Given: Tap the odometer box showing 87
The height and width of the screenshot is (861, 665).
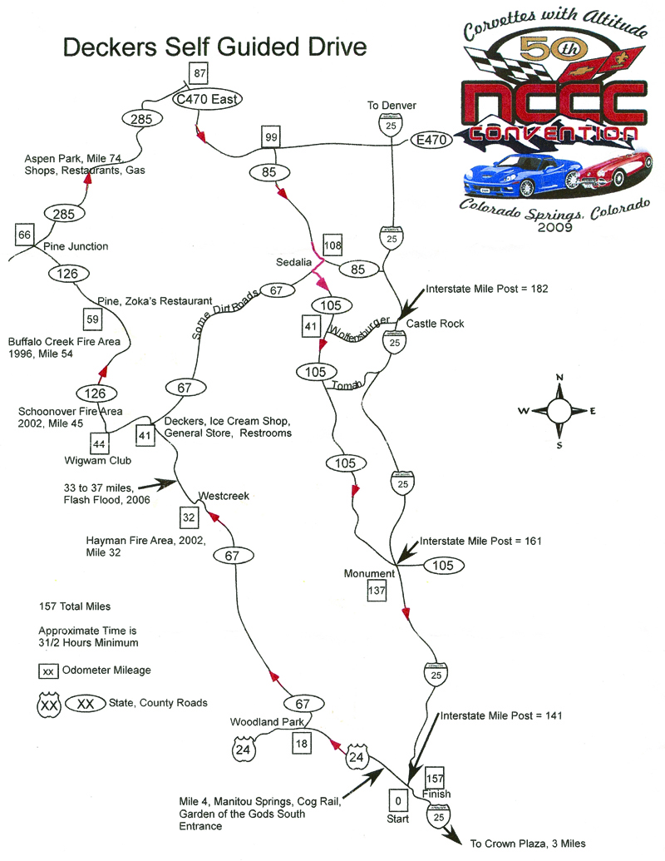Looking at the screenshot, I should click(199, 73).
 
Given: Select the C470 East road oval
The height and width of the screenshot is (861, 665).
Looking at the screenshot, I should click(206, 99).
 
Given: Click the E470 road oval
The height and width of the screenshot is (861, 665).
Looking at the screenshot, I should click(432, 141).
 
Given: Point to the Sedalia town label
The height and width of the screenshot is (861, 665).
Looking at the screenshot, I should click(293, 262).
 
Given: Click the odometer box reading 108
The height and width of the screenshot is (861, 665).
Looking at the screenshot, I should click(333, 245).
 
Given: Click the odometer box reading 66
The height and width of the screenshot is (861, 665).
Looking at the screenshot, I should click(24, 235).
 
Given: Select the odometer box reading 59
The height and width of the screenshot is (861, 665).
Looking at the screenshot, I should click(92, 318).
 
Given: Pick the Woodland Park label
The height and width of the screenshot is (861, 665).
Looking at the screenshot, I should click(265, 721).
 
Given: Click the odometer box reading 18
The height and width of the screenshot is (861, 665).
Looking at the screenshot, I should click(301, 743).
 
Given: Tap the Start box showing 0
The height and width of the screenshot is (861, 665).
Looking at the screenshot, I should click(398, 800).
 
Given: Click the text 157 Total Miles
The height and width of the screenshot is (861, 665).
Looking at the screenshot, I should click(75, 606).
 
